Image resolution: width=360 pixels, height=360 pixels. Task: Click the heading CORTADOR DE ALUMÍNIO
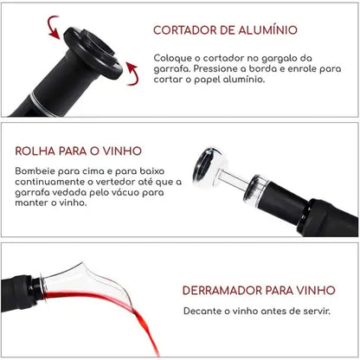(x=231, y=30)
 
